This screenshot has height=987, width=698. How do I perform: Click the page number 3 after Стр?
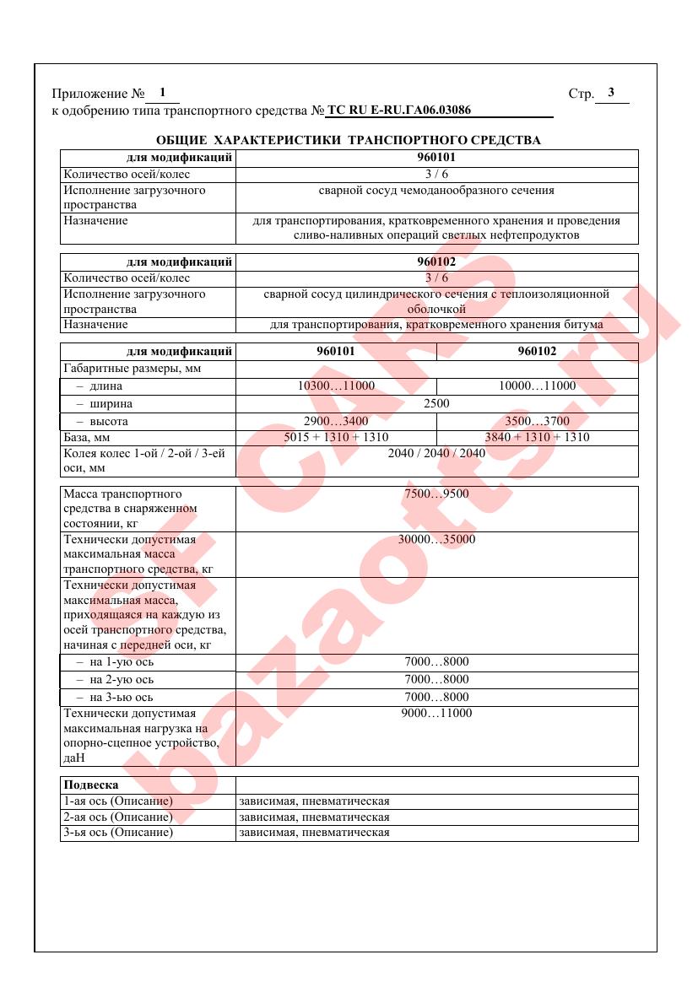[611, 93]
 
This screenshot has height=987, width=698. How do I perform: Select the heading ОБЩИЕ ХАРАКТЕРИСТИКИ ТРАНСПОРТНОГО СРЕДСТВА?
[349, 140]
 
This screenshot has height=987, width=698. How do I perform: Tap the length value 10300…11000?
[336, 386]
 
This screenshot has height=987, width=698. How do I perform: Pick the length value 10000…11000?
[537, 386]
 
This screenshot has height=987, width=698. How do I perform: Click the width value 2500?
[436, 403]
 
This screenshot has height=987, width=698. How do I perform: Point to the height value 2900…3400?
[336, 421]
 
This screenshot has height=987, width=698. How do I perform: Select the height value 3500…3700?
[537, 421]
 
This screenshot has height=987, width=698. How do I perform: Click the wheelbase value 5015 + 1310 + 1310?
[336, 437]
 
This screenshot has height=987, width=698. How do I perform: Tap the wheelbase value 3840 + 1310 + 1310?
[537, 437]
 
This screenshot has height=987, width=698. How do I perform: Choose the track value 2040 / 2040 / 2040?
[436, 454]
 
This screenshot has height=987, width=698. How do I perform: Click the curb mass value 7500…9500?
[436, 494]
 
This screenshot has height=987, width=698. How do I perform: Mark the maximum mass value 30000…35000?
[436, 540]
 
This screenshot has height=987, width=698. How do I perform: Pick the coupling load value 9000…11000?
[436, 714]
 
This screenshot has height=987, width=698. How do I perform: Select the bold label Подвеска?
[91, 785]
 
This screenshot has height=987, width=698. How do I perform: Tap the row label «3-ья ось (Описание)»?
[118, 833]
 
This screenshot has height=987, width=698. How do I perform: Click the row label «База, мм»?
[87, 438]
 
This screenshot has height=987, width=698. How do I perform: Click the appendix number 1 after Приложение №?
[162, 92]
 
